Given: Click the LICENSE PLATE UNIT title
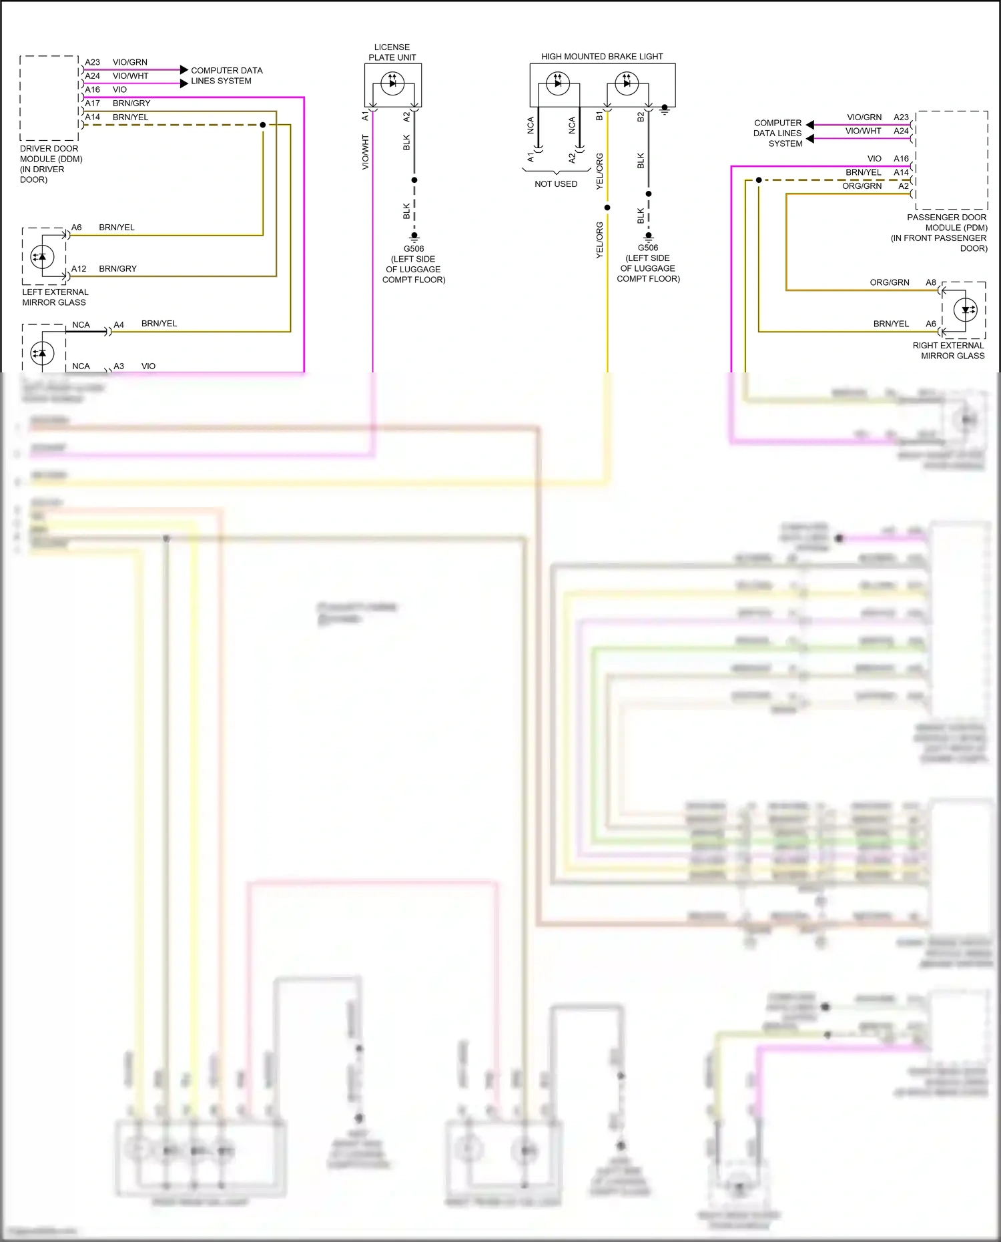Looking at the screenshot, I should (x=392, y=52).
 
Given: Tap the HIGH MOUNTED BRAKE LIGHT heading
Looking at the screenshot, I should (x=602, y=57).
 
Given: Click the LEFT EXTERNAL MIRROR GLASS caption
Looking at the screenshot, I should (x=55, y=297).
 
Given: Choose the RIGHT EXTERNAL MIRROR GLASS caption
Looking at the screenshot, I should (x=948, y=350).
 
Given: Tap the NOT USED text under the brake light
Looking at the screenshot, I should (x=556, y=184).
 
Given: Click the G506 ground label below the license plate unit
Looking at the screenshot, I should (x=414, y=249).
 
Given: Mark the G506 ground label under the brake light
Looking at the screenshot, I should (x=648, y=248).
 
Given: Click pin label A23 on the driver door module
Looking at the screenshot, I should (x=92, y=62).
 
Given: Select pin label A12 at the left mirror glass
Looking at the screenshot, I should (x=79, y=269).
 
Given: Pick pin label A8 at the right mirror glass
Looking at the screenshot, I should (x=931, y=282).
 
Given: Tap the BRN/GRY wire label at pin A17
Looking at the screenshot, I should (x=131, y=103).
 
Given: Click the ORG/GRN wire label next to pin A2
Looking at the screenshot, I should (x=862, y=186).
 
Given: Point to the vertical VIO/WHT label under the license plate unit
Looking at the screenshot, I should (x=365, y=152).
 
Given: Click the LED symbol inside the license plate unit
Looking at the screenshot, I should (x=392, y=83).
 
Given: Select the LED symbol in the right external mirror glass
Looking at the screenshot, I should (x=966, y=310).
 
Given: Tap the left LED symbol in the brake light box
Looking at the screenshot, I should (x=558, y=83).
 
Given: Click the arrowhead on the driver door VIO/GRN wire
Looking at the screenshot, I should (x=184, y=69).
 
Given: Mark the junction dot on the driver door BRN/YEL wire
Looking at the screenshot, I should (x=263, y=125).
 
